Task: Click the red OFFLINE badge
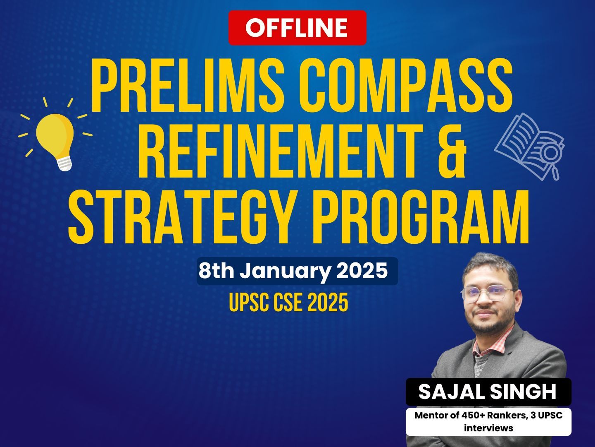tap(297, 28)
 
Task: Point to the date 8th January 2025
tap(293, 271)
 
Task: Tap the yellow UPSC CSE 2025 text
tap(288, 302)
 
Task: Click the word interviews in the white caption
tap(488, 428)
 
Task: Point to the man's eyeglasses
tap(488, 294)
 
